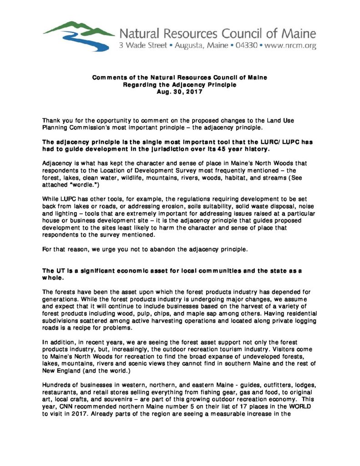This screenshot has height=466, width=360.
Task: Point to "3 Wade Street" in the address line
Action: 139,46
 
